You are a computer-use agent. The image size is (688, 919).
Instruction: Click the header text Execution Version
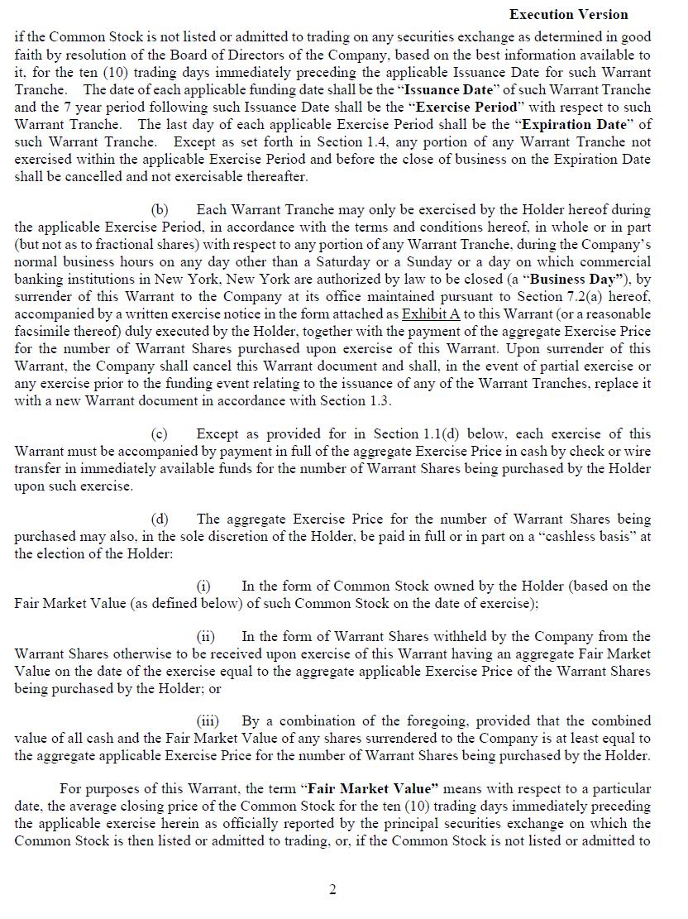[x=568, y=15]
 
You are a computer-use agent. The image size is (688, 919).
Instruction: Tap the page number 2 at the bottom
[x=332, y=890]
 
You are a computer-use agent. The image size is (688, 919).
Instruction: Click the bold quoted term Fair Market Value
[x=373, y=789]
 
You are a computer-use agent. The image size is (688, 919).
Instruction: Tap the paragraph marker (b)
[x=160, y=210]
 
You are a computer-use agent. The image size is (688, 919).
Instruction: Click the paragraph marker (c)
[x=160, y=434]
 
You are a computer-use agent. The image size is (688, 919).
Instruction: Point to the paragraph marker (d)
[x=160, y=519]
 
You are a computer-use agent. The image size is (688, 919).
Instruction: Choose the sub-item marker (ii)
[x=205, y=637]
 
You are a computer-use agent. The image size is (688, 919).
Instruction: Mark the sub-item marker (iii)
[x=207, y=721]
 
